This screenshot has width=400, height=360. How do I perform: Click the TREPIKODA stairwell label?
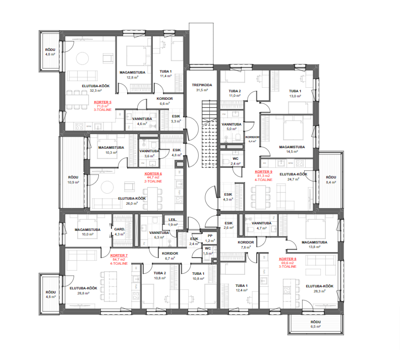(202, 85)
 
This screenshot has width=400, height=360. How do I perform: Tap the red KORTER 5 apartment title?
(102, 102)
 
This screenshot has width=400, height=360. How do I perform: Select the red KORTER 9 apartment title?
(263, 172)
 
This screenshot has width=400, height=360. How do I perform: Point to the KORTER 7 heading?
(119, 256)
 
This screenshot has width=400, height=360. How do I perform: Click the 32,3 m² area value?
(96, 91)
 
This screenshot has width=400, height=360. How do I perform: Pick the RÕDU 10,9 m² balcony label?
(73, 179)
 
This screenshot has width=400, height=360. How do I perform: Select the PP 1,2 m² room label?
(210, 238)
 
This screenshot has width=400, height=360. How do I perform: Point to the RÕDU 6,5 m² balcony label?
(316, 324)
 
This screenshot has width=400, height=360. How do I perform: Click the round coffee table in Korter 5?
(82, 58)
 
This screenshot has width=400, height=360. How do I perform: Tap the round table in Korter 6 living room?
(107, 187)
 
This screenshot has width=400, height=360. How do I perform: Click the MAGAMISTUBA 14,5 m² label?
(292, 149)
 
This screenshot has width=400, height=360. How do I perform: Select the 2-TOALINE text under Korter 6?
(153, 182)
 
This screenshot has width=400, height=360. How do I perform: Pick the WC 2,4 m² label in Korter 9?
(236, 161)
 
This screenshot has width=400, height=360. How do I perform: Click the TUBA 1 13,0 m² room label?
(295, 94)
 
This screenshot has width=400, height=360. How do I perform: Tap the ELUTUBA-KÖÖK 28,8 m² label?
(83, 290)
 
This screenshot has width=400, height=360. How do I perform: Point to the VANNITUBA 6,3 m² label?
(159, 235)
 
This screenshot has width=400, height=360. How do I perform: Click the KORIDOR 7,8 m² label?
(246, 245)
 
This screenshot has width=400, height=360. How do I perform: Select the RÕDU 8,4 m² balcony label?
(331, 179)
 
